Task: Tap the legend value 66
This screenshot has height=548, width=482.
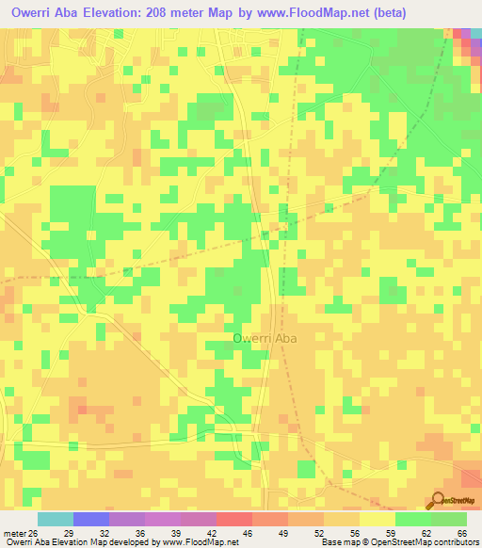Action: (x=460, y=533)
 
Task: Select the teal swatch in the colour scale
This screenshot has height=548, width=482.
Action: (x=56, y=519)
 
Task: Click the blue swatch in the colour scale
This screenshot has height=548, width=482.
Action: (x=91, y=519)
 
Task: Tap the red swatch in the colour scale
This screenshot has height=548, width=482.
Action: (x=234, y=519)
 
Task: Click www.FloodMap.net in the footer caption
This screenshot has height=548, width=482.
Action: (x=193, y=542)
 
